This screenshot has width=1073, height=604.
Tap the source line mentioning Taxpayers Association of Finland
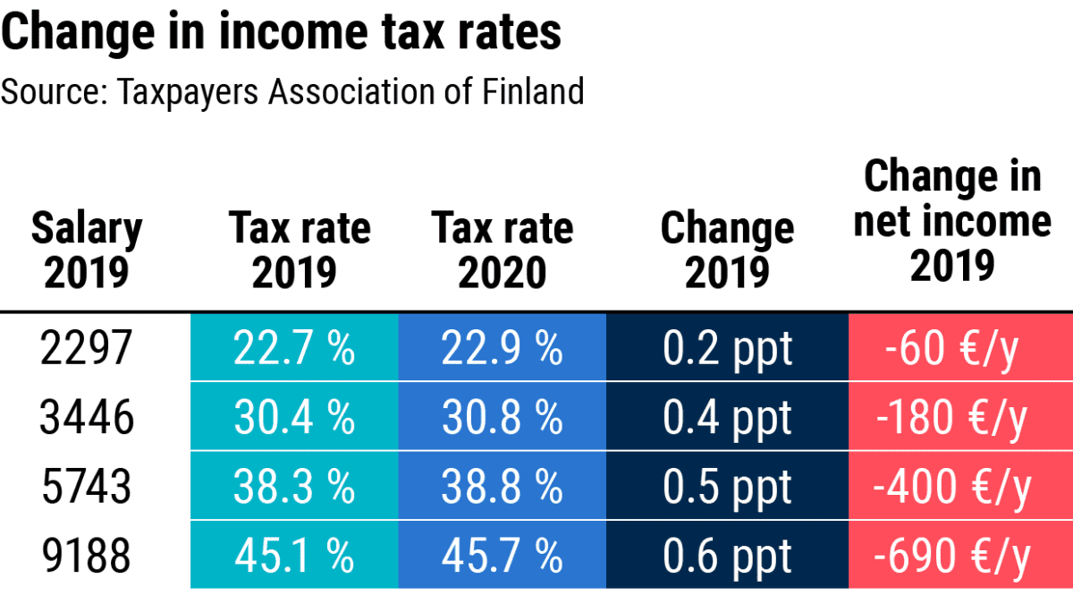(292, 91)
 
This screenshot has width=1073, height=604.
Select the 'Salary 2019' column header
(87, 251)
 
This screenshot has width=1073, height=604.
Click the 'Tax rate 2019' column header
(299, 251)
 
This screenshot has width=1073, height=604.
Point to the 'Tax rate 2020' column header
(502, 251)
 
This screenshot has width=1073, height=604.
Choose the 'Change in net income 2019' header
(952, 220)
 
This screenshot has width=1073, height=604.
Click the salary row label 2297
(87, 348)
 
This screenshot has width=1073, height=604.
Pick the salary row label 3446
(87, 417)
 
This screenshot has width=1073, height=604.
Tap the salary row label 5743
(87, 487)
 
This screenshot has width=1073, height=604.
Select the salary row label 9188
(87, 556)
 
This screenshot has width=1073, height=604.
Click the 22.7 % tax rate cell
(294, 348)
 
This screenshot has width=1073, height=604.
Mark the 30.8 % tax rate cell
(502, 417)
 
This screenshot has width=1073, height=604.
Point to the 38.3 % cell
(294, 487)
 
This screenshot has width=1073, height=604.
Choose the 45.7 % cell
(502, 556)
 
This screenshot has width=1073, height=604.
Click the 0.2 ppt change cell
(727, 348)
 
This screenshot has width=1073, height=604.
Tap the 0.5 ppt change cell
(727, 487)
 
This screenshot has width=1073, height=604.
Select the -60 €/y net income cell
(959, 348)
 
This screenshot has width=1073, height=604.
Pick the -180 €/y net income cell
(959, 417)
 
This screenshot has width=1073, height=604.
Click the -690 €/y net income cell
(959, 556)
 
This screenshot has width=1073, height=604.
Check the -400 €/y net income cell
(959, 487)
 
